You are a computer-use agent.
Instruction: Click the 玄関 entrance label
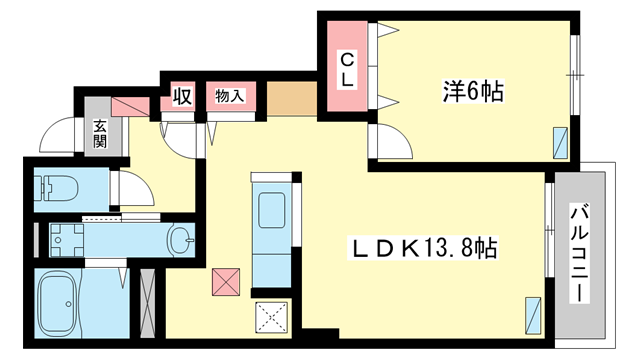[x=102, y=134]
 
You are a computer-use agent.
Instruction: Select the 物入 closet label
[x=229, y=97]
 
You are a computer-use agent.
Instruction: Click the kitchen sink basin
[x=271, y=213]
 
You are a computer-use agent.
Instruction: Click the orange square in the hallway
[x=291, y=99]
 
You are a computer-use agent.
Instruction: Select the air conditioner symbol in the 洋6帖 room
[x=562, y=144]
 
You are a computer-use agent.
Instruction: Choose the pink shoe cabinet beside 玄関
[x=130, y=104]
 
